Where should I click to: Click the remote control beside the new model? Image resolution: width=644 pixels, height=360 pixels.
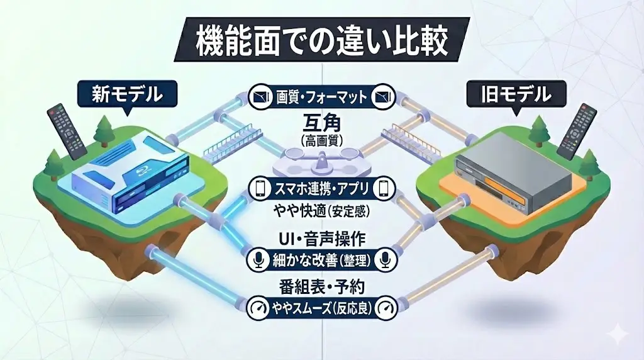tap(67, 131)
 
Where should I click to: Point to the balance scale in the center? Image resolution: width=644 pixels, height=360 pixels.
tap(321, 165)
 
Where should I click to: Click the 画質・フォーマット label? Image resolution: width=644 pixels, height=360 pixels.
tap(321, 97)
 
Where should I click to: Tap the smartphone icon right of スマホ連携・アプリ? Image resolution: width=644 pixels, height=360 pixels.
tap(385, 188)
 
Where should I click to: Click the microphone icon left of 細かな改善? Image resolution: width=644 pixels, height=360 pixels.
tap(258, 259)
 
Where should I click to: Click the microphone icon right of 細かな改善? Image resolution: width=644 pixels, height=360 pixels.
tap(385, 259)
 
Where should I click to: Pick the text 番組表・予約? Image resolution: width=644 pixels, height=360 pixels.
tap(321, 287)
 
